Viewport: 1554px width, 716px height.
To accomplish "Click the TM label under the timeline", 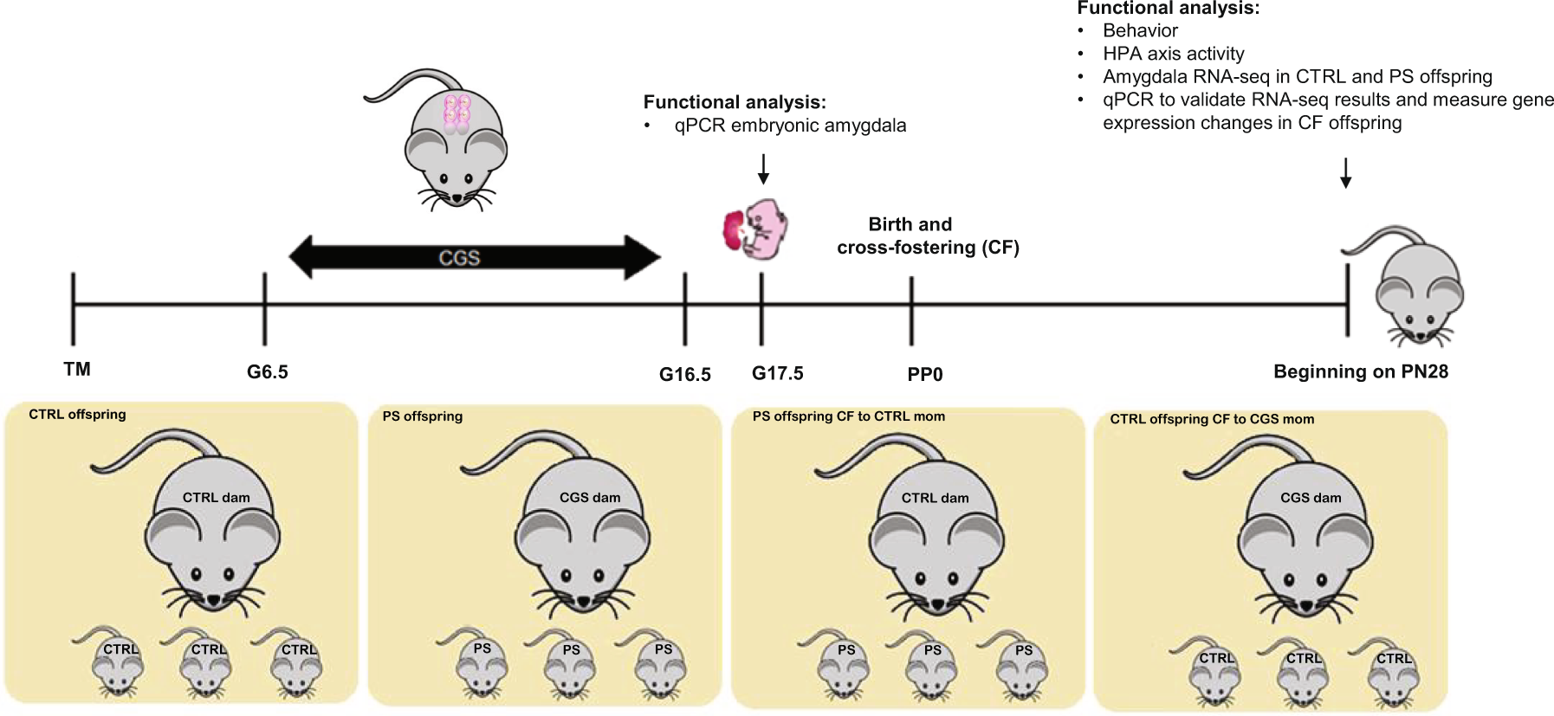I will (77, 370).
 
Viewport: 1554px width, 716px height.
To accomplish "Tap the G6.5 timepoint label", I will (267, 372).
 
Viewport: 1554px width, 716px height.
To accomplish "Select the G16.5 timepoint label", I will (684, 375).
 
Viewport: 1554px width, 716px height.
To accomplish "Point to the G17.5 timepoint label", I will (777, 373).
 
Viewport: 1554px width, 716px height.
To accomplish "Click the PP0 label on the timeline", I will (924, 375).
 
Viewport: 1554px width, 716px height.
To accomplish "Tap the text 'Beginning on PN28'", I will (1360, 372).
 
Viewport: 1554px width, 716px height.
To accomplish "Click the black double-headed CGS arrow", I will (474, 258).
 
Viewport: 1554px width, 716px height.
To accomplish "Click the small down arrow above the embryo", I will (763, 169).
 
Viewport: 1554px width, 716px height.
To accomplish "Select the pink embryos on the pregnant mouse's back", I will (456, 113).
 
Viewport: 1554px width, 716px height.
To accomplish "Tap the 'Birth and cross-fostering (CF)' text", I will (927, 236).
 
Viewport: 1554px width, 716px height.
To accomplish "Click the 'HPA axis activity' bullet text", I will (1173, 54).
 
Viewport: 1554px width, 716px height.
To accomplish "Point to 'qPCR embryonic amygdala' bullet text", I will (789, 126).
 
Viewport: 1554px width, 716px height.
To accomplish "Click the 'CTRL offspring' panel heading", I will (77, 415).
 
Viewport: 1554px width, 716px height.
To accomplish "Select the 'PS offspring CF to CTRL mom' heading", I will (848, 416).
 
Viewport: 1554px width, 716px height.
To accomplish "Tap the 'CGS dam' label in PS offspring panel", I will (589, 498).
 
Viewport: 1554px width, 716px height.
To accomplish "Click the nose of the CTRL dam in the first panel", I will (213, 599).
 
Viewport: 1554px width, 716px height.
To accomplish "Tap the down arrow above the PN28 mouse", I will (1345, 172).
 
